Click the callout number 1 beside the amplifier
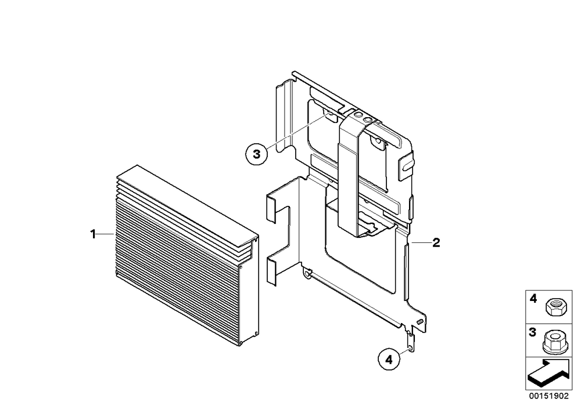pyautogui.click(x=93, y=234)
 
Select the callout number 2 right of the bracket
pyautogui.click(x=436, y=243)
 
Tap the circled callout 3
pyautogui.click(x=256, y=154)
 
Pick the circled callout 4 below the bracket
pyautogui.click(x=389, y=359)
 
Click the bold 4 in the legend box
pyautogui.click(x=533, y=298)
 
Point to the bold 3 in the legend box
pyautogui.click(x=532, y=332)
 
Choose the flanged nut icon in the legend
pyautogui.click(x=554, y=342)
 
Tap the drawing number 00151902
pyautogui.click(x=549, y=396)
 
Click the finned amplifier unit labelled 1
pyautogui.click(x=185, y=255)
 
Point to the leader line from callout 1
pyautogui.click(x=106, y=234)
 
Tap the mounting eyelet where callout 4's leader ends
pyautogui.click(x=410, y=349)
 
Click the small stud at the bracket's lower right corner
pyautogui.click(x=420, y=322)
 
